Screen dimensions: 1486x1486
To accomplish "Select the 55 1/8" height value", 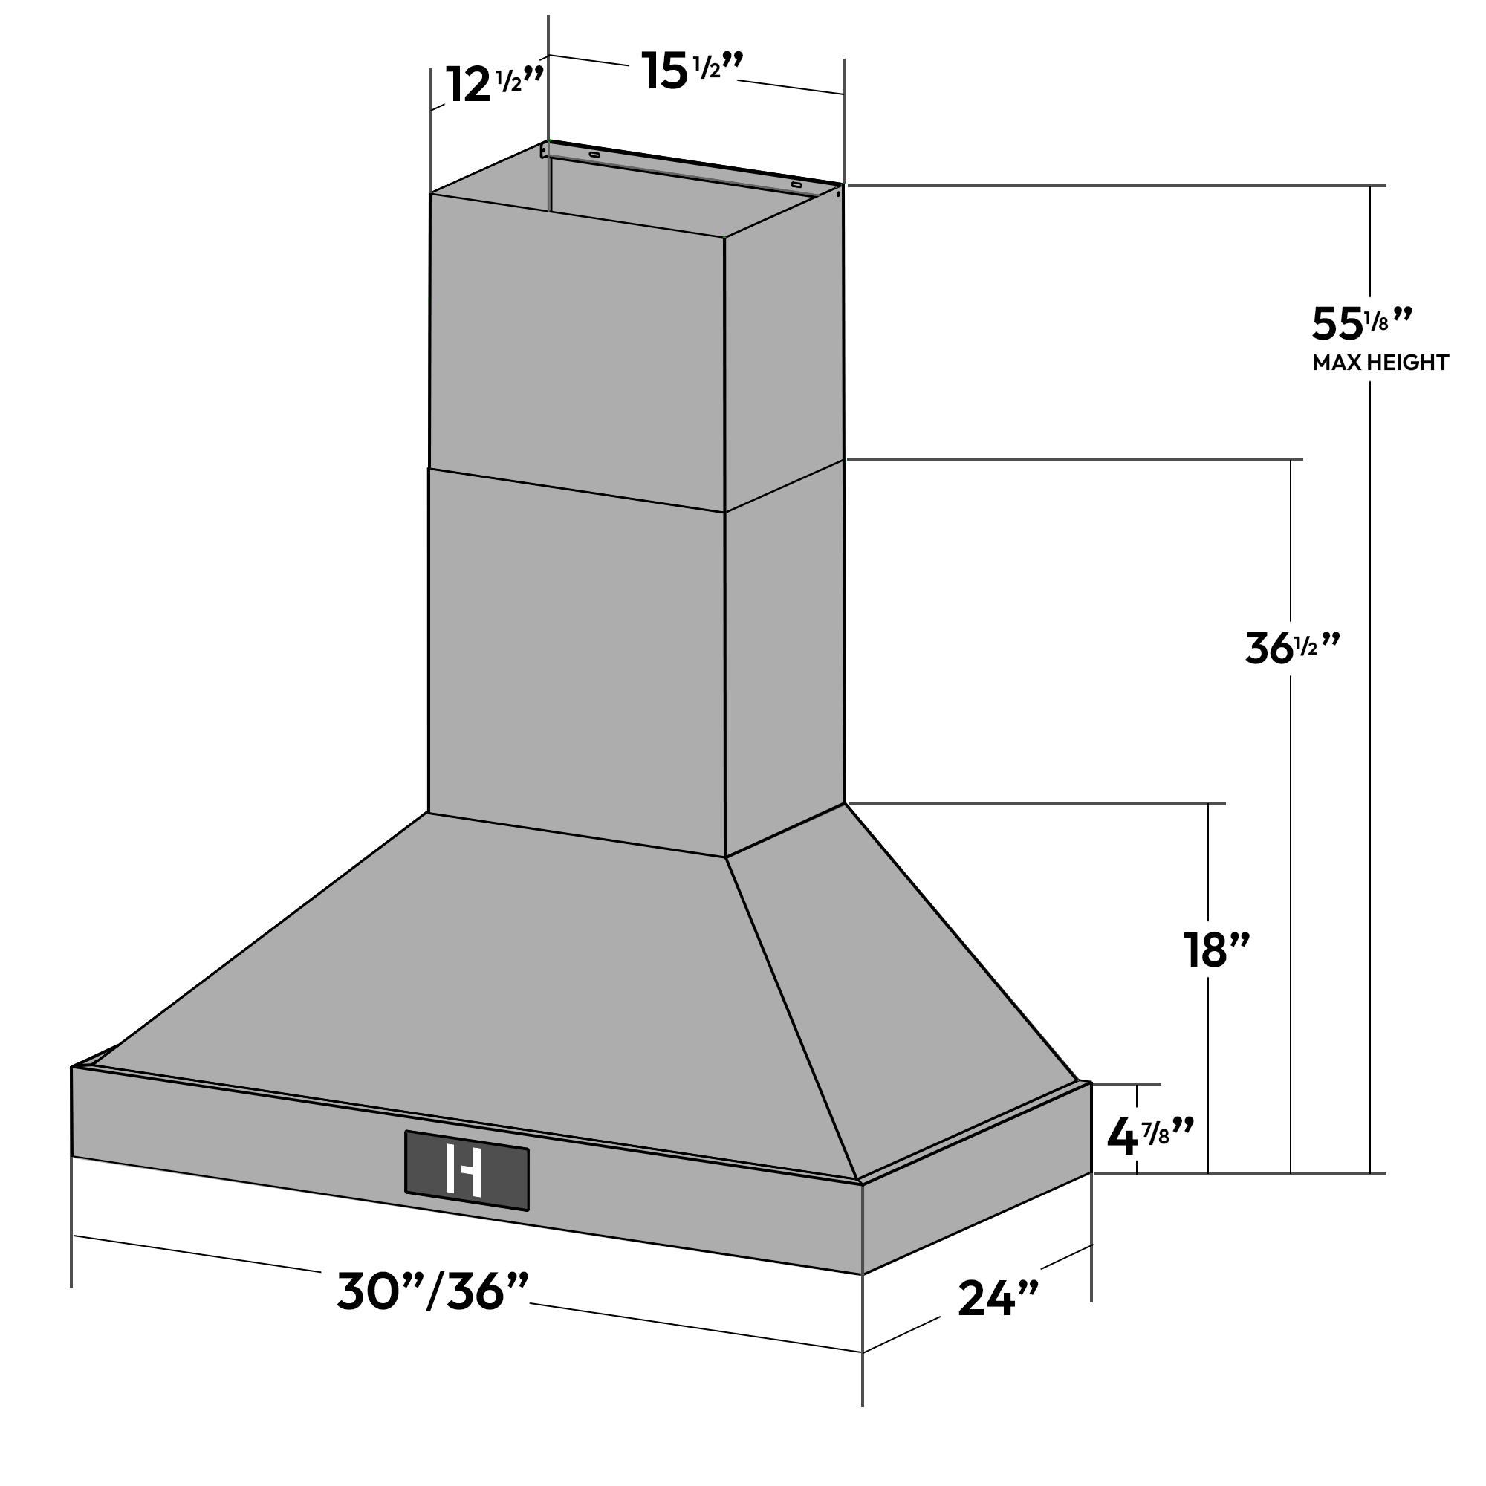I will pyautogui.click(x=1360, y=324).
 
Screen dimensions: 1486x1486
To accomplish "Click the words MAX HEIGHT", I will pyautogui.click(x=1380, y=363).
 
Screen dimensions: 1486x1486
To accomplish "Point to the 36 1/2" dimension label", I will pyautogui.click(x=1291, y=649).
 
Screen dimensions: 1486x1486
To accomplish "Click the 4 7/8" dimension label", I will pyautogui.click(x=1149, y=1137).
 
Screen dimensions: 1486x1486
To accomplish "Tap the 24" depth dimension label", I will pyautogui.click(x=998, y=1299).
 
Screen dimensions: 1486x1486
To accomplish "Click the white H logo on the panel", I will pyautogui.click(x=464, y=1171).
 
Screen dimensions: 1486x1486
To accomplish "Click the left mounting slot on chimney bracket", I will pyautogui.click(x=594, y=155).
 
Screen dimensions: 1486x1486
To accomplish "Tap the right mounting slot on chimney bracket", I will pyautogui.click(x=796, y=185).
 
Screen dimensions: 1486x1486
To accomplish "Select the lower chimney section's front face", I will pyautogui.click(x=577, y=661).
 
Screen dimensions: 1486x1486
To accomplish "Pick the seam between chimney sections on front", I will pyautogui.click(x=577, y=490).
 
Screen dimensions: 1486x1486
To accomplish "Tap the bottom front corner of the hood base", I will pyautogui.click(x=862, y=1274).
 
